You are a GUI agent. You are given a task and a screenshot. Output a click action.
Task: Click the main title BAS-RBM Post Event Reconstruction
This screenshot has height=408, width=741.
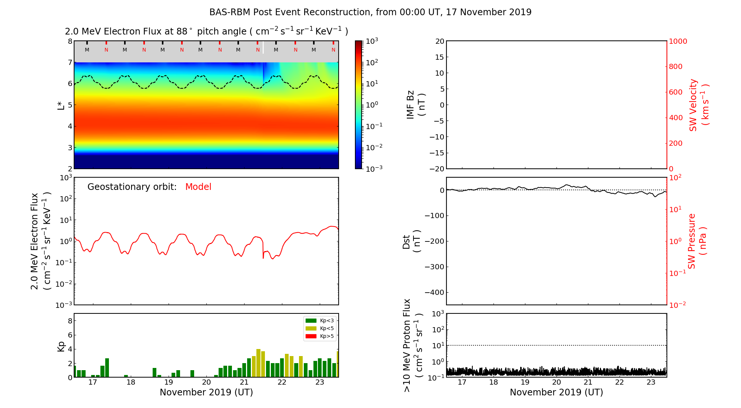(x=370, y=12)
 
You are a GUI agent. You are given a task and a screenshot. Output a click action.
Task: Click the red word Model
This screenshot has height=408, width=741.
(x=198, y=187)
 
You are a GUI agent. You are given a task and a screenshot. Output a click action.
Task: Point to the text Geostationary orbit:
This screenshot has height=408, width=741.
(x=132, y=187)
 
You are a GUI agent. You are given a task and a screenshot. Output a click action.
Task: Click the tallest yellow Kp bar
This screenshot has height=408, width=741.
(x=258, y=363)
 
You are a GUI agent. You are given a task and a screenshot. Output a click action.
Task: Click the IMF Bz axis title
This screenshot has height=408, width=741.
(x=415, y=105)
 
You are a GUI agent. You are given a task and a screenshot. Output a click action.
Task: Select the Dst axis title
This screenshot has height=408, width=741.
(x=411, y=241)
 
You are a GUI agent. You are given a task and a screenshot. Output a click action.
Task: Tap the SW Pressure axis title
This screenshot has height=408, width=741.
(x=697, y=241)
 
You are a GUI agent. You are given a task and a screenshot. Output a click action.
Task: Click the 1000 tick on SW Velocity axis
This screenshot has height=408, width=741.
(x=678, y=41)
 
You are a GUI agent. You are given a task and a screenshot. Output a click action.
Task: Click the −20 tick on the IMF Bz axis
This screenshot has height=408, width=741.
(x=436, y=169)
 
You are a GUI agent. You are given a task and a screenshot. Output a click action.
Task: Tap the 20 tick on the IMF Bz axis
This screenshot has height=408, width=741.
(x=439, y=41)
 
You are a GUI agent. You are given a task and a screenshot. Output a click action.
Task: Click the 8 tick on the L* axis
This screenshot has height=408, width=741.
(x=70, y=41)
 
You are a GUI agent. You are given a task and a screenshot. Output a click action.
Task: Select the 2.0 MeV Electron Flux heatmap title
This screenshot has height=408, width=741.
(x=206, y=32)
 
